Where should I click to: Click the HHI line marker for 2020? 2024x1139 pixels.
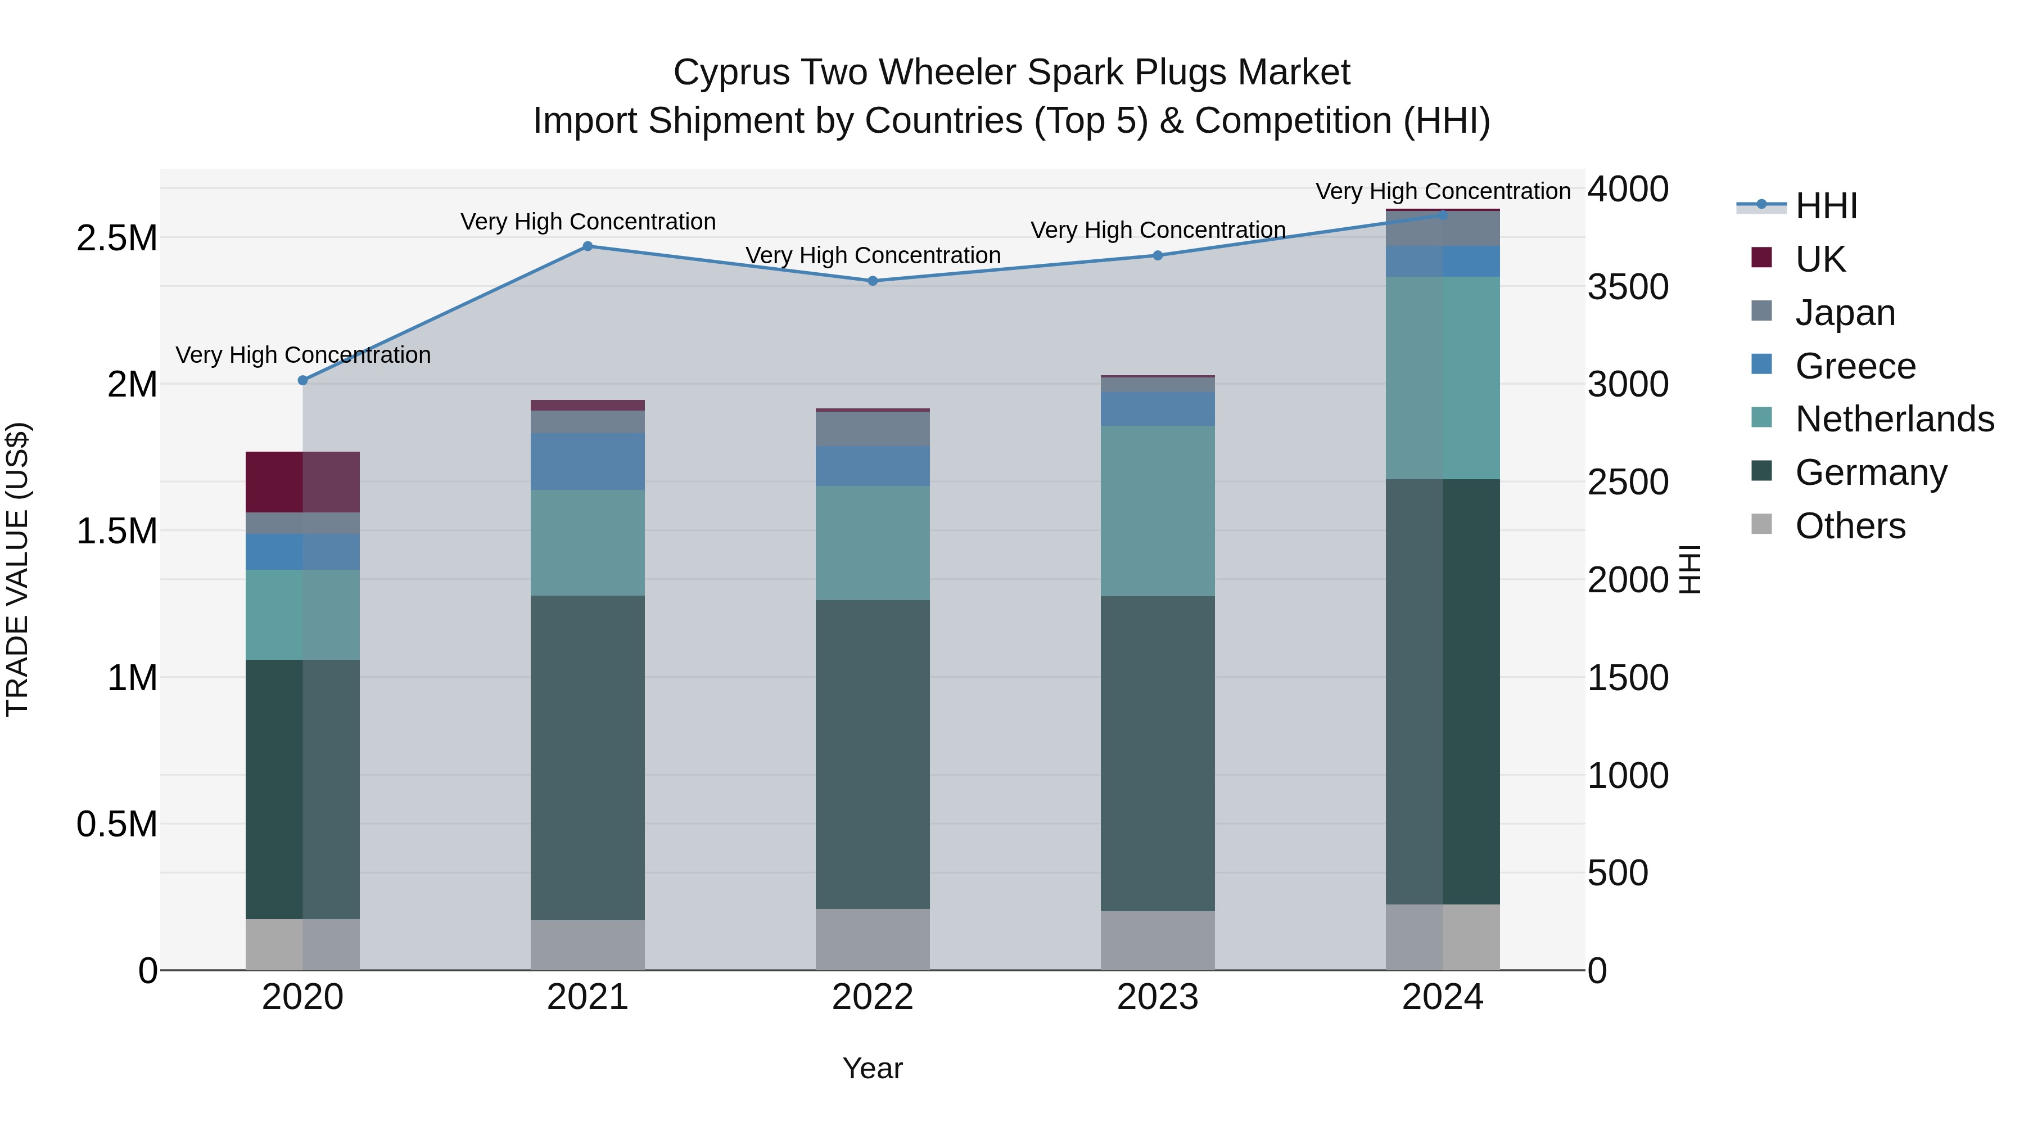tap(302, 380)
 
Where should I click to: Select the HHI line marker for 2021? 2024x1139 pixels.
tap(588, 246)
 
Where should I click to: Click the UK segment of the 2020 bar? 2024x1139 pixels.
tap(302, 482)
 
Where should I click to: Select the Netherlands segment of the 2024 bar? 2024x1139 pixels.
tap(1443, 377)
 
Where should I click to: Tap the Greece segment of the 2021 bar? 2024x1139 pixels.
tap(588, 461)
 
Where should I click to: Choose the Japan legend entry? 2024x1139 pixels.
tap(1844, 312)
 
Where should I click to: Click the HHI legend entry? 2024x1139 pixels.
tap(1825, 206)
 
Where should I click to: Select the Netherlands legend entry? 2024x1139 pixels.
tap(1894, 419)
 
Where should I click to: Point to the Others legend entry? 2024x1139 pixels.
tap(1850, 526)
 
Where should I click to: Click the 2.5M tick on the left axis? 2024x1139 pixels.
tap(116, 238)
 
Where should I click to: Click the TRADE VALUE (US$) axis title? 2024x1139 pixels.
tap(17, 569)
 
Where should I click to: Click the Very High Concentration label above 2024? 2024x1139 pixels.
tap(1443, 191)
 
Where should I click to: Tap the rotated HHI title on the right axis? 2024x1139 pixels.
tap(1689, 569)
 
